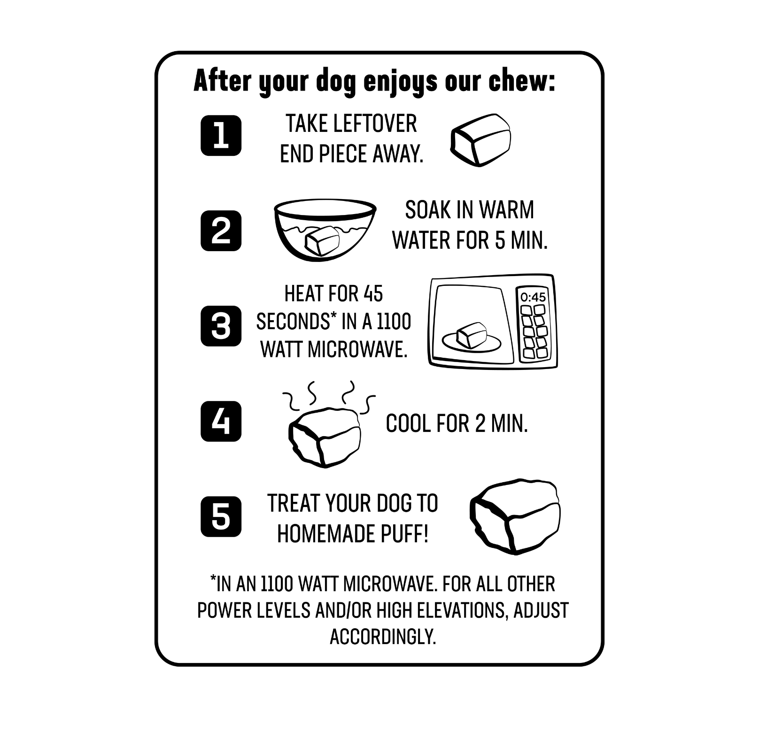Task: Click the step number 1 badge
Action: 221,136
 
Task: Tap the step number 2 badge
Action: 221,231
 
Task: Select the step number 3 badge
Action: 221,326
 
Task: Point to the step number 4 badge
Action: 221,422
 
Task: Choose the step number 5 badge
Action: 221,517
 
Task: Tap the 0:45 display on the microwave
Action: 533,297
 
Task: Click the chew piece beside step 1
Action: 480,139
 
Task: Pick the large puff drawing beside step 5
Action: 515,517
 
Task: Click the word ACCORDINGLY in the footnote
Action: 383,637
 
